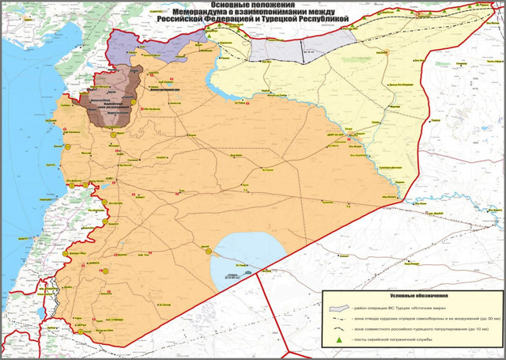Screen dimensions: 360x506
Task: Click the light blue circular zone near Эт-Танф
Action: [x=237, y=257]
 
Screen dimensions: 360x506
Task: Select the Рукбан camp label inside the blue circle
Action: [x=234, y=276]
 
